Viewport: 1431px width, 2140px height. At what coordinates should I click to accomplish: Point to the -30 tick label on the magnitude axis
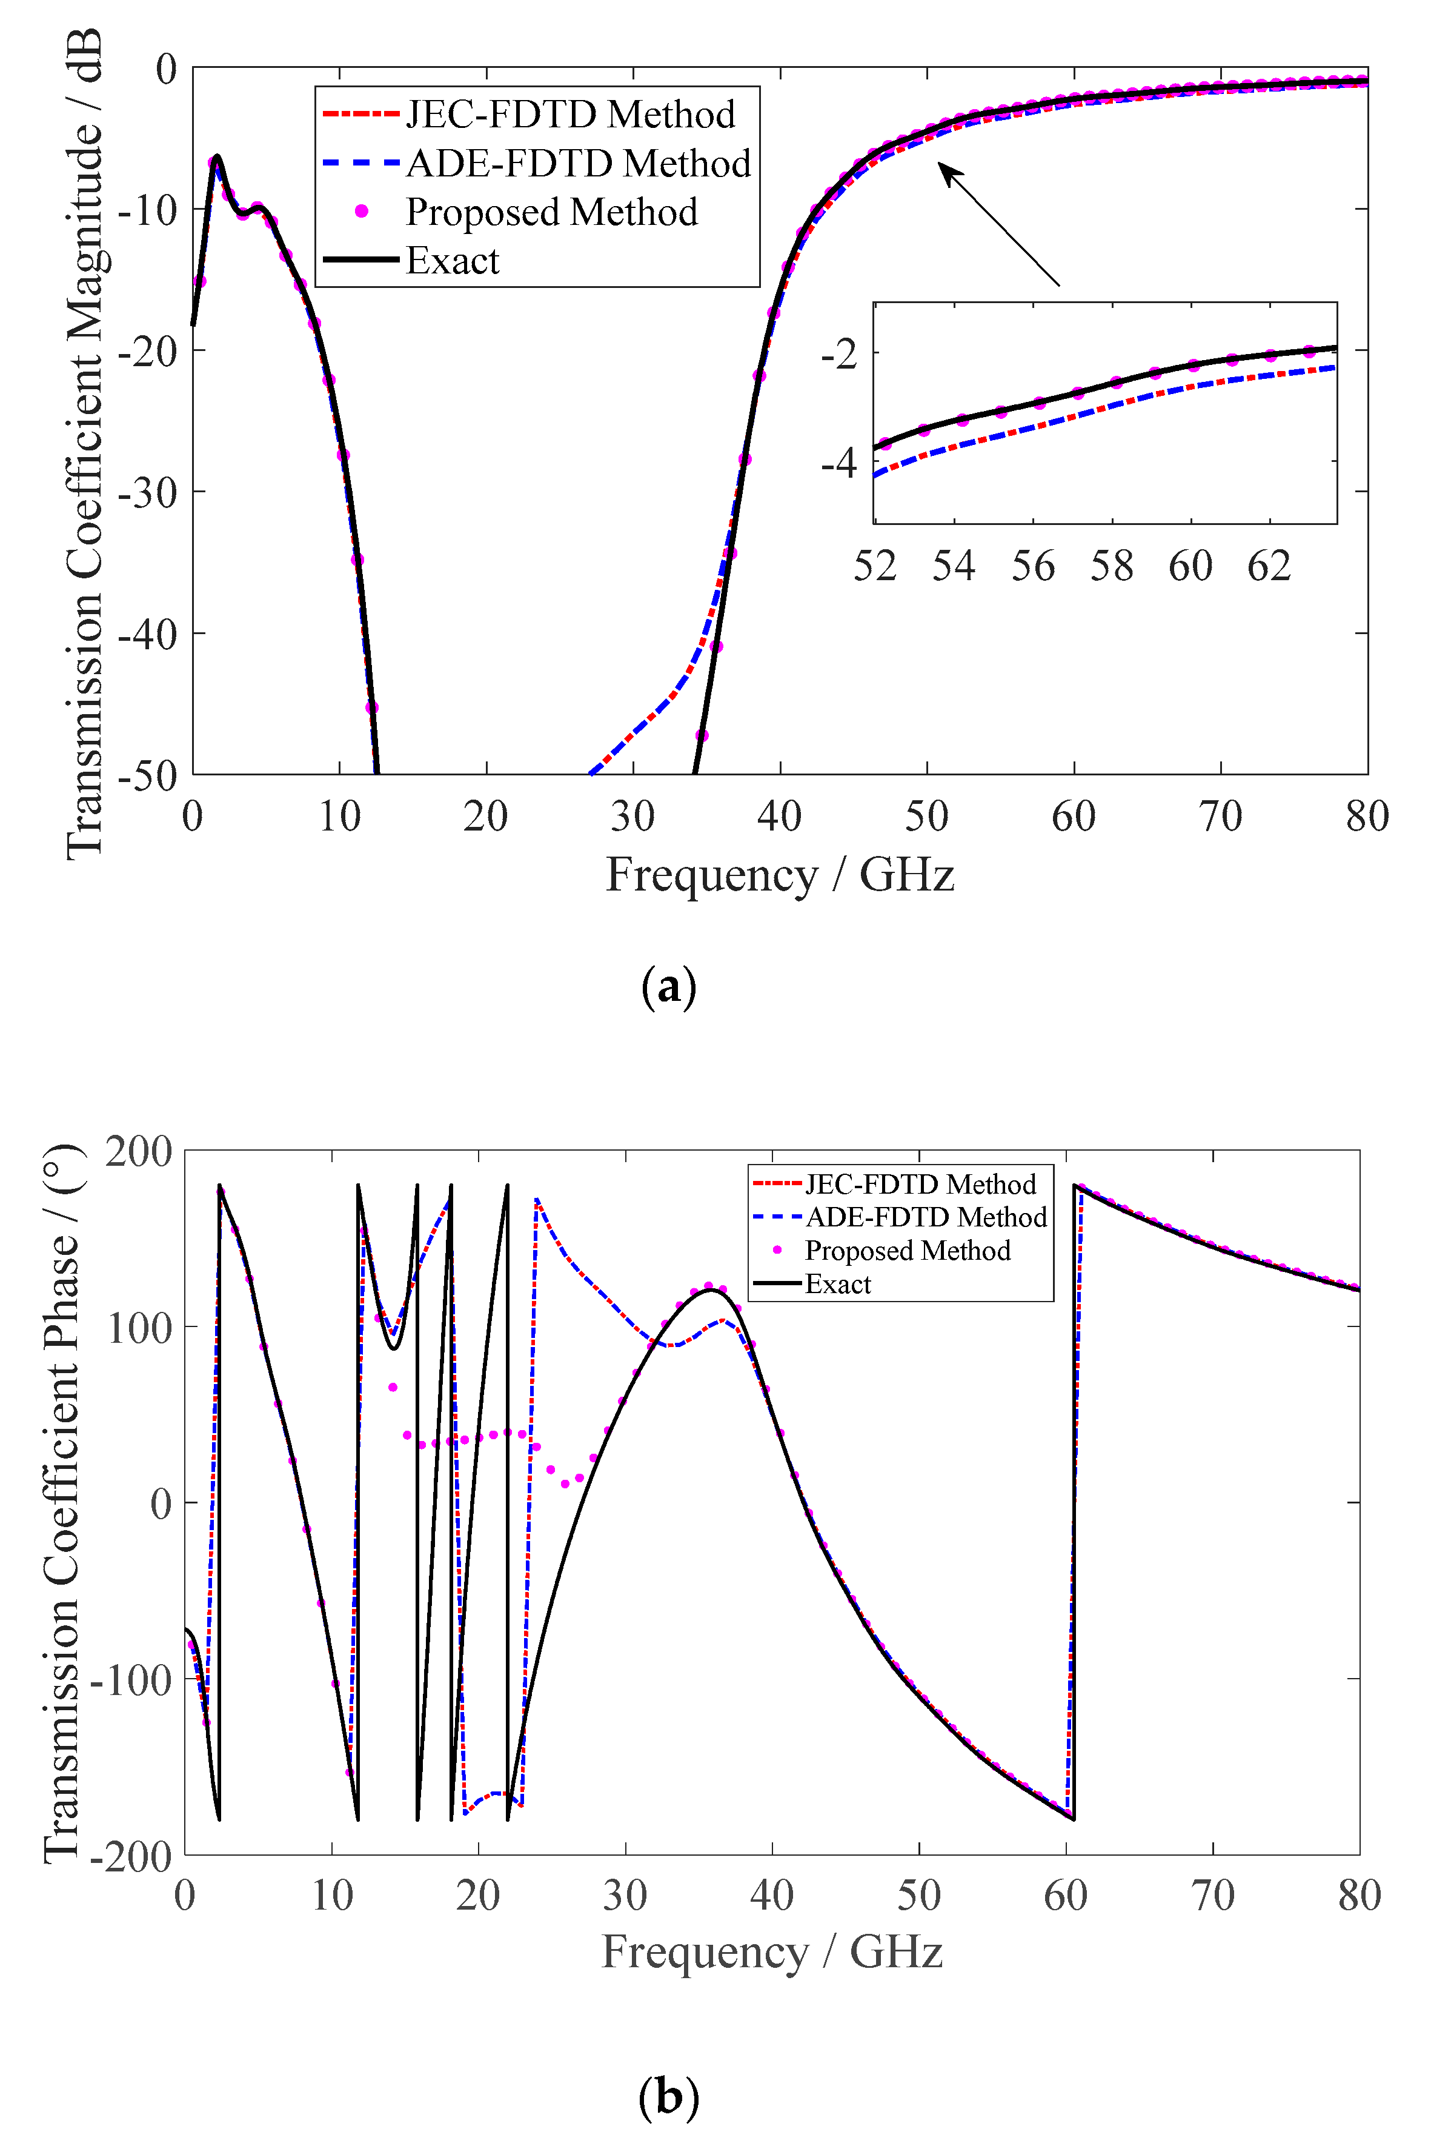tap(148, 493)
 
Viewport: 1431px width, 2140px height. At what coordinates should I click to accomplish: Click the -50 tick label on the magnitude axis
tap(148, 776)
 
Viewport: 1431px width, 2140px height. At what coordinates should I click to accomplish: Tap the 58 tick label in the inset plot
tap(1112, 566)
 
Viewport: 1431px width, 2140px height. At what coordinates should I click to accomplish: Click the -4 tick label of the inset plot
tap(838, 464)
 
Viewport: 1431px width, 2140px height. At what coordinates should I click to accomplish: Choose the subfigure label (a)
tap(669, 987)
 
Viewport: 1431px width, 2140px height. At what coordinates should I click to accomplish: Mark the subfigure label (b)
tap(669, 2097)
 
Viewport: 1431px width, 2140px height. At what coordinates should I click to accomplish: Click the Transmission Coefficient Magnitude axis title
tap(84, 444)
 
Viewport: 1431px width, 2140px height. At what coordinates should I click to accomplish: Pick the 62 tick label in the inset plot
tap(1269, 566)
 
